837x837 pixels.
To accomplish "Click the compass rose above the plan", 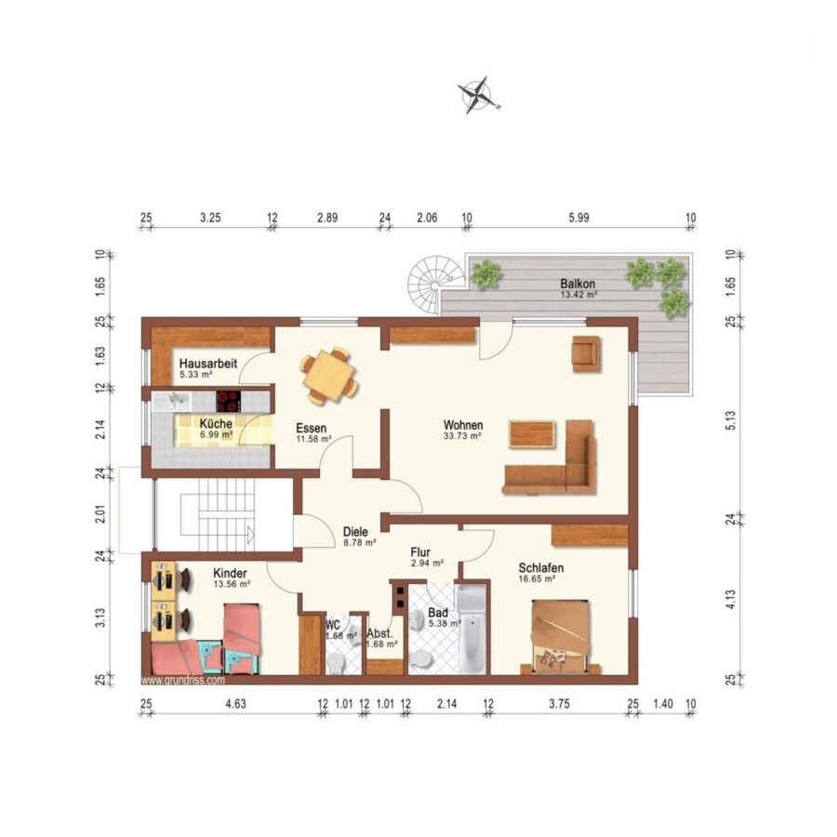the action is coord(477,96).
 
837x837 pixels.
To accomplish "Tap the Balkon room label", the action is coord(578,284).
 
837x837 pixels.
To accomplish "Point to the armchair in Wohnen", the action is coord(586,352).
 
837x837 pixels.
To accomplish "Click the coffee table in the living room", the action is coord(533,434).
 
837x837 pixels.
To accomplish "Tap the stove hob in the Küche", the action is coord(229,402).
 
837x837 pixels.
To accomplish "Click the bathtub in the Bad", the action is coord(472,629).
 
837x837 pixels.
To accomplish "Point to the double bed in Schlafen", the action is coord(561,637).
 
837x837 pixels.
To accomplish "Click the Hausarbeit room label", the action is coord(208,364).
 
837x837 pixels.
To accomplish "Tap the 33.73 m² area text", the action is coord(462,435).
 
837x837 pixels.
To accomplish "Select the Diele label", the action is coord(355,532).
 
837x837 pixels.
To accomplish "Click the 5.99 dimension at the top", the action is coord(578,218).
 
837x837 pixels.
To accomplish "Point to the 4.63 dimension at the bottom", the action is coord(235,704).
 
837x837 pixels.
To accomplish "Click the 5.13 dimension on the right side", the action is coord(731,420).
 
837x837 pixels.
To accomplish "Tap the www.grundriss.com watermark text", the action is coord(182,681).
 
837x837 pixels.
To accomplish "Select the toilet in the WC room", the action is coord(336,663).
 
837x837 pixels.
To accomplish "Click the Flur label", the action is coord(420,552).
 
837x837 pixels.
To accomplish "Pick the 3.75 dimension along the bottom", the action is coord(560,704).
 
